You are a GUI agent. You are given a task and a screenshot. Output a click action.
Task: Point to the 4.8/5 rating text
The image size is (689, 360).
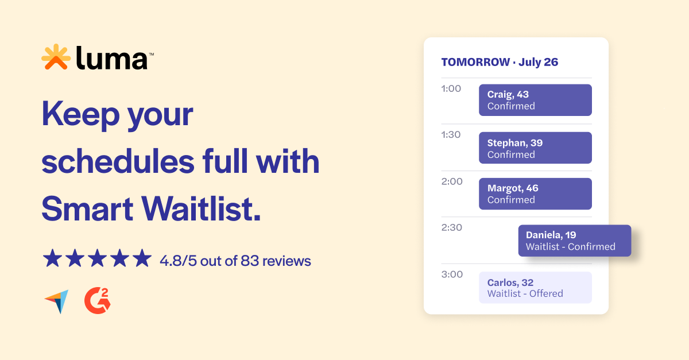pos(181,261)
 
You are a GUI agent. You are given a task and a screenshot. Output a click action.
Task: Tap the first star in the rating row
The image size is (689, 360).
pos(52,258)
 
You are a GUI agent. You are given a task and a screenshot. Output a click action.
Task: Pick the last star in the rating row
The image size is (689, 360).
pos(141,258)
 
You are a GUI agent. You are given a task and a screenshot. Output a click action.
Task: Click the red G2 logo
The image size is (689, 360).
pos(97,301)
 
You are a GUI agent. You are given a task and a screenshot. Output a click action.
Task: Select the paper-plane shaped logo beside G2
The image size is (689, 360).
pos(56,301)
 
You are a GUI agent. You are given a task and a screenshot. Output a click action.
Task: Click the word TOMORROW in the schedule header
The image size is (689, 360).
pos(475,62)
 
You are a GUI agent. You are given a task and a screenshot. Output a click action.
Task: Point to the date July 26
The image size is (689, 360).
pos(538,62)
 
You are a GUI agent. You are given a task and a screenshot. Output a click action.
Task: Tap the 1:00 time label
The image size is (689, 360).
pos(451,88)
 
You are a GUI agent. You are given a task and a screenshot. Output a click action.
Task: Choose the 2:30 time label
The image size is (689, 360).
pos(451,227)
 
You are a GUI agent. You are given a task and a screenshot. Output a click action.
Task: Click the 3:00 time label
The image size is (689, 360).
pos(451,274)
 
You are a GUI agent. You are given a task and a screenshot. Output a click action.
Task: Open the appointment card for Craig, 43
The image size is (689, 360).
pos(535,100)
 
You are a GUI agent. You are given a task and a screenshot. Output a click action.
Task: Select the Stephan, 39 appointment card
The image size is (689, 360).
pos(535,148)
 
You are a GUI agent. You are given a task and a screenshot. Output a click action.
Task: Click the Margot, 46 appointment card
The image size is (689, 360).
pos(535,193)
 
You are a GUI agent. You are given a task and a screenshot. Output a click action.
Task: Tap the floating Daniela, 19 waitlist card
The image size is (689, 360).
pos(574,241)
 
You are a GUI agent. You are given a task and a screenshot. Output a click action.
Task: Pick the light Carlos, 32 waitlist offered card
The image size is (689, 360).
pos(535,288)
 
